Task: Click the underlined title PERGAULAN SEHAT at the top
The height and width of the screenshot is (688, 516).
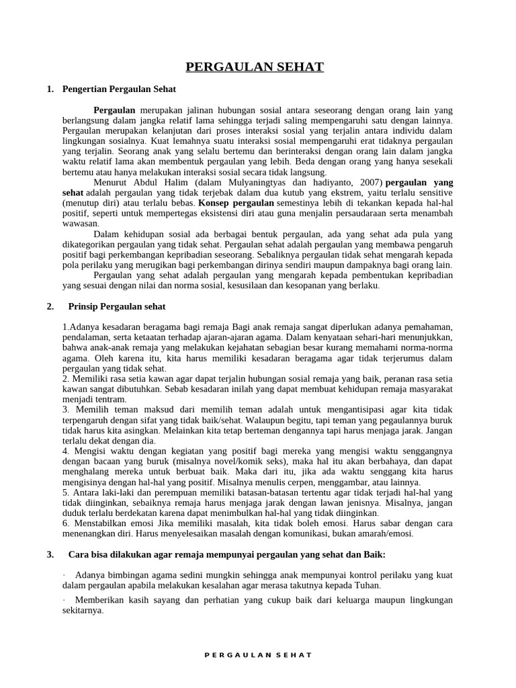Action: tap(255, 67)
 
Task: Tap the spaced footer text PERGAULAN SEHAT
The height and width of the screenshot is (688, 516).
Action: tap(258, 654)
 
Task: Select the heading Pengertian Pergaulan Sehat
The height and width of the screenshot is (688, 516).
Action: tap(119, 89)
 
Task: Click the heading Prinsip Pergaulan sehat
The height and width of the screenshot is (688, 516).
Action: tap(117, 307)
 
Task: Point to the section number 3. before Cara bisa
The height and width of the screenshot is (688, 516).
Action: tap(50, 554)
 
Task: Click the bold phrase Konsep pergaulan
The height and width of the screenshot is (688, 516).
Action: tap(236, 203)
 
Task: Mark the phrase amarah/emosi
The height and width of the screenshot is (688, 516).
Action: tap(388, 534)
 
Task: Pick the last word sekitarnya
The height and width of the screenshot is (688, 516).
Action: tap(82, 611)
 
